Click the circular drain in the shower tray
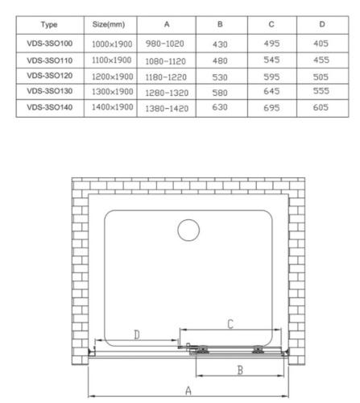(x=188, y=231)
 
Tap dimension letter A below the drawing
(x=187, y=388)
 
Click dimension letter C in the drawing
(x=230, y=324)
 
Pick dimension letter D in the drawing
(x=136, y=334)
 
